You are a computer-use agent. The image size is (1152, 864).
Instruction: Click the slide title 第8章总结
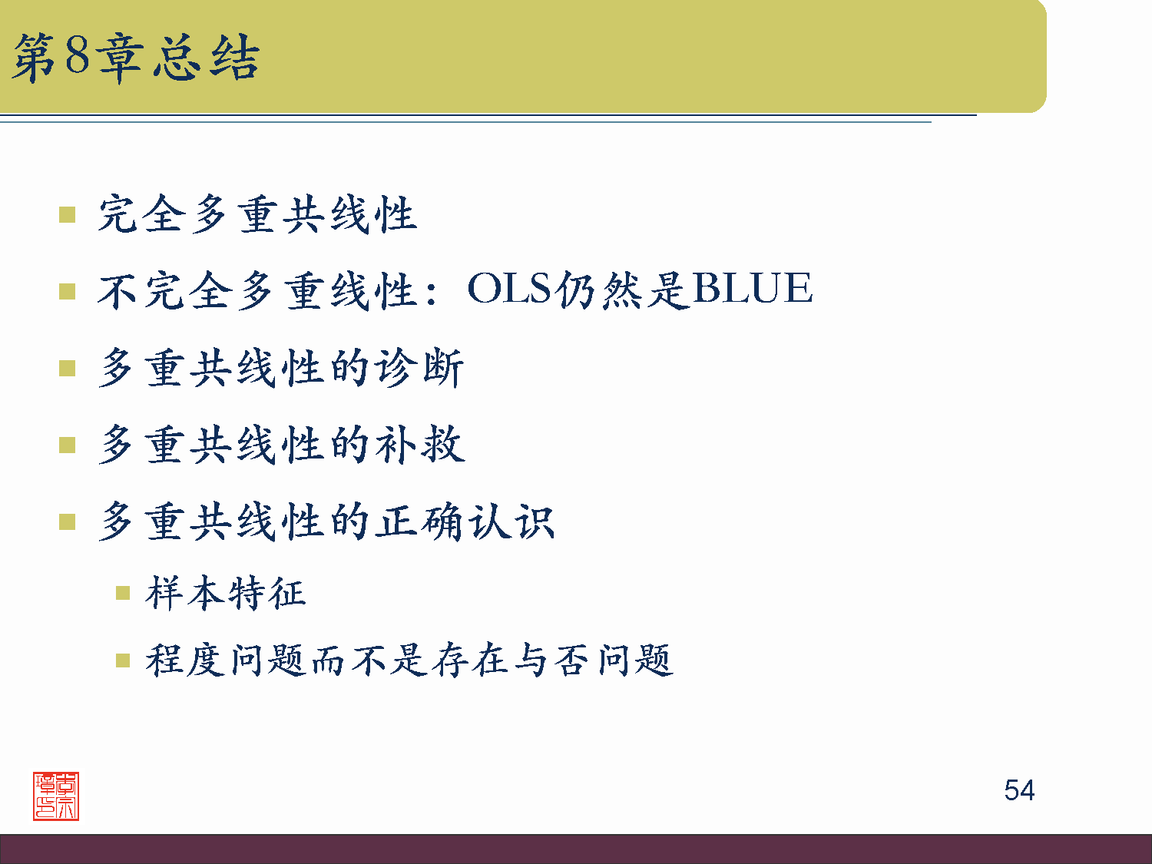[136, 58]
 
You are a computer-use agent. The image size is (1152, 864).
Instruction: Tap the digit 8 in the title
[77, 55]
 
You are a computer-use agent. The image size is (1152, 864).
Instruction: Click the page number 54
[1018, 790]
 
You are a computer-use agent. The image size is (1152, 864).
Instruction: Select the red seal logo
[56, 796]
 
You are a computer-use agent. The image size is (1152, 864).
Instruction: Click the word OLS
[509, 290]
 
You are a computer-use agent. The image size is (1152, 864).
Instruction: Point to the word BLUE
[752, 290]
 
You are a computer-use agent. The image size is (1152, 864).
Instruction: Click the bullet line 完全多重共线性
[257, 214]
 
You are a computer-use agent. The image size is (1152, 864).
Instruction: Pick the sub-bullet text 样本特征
[226, 593]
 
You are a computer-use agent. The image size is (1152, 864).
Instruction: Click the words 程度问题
[227, 660]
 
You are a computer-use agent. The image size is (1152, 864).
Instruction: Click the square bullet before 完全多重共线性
[68, 214]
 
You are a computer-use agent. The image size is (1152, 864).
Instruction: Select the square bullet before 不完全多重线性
[68, 291]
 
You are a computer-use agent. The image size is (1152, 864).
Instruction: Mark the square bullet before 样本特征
[123, 593]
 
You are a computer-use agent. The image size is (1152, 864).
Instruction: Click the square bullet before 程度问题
[123, 660]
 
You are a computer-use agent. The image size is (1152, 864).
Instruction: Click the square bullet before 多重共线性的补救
[68, 445]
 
